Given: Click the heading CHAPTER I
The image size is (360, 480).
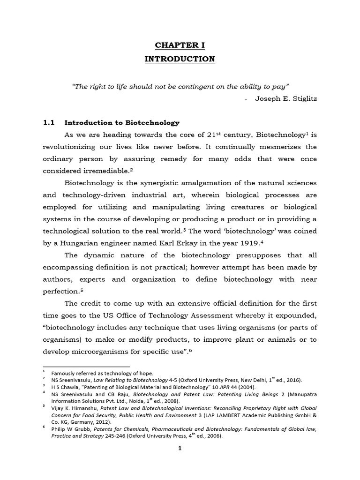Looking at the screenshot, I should (x=180, y=45).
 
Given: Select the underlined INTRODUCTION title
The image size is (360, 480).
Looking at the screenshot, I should (x=180, y=59).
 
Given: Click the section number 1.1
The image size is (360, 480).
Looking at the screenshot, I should (x=49, y=123).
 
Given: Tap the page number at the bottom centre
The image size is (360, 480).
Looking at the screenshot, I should (x=180, y=448).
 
